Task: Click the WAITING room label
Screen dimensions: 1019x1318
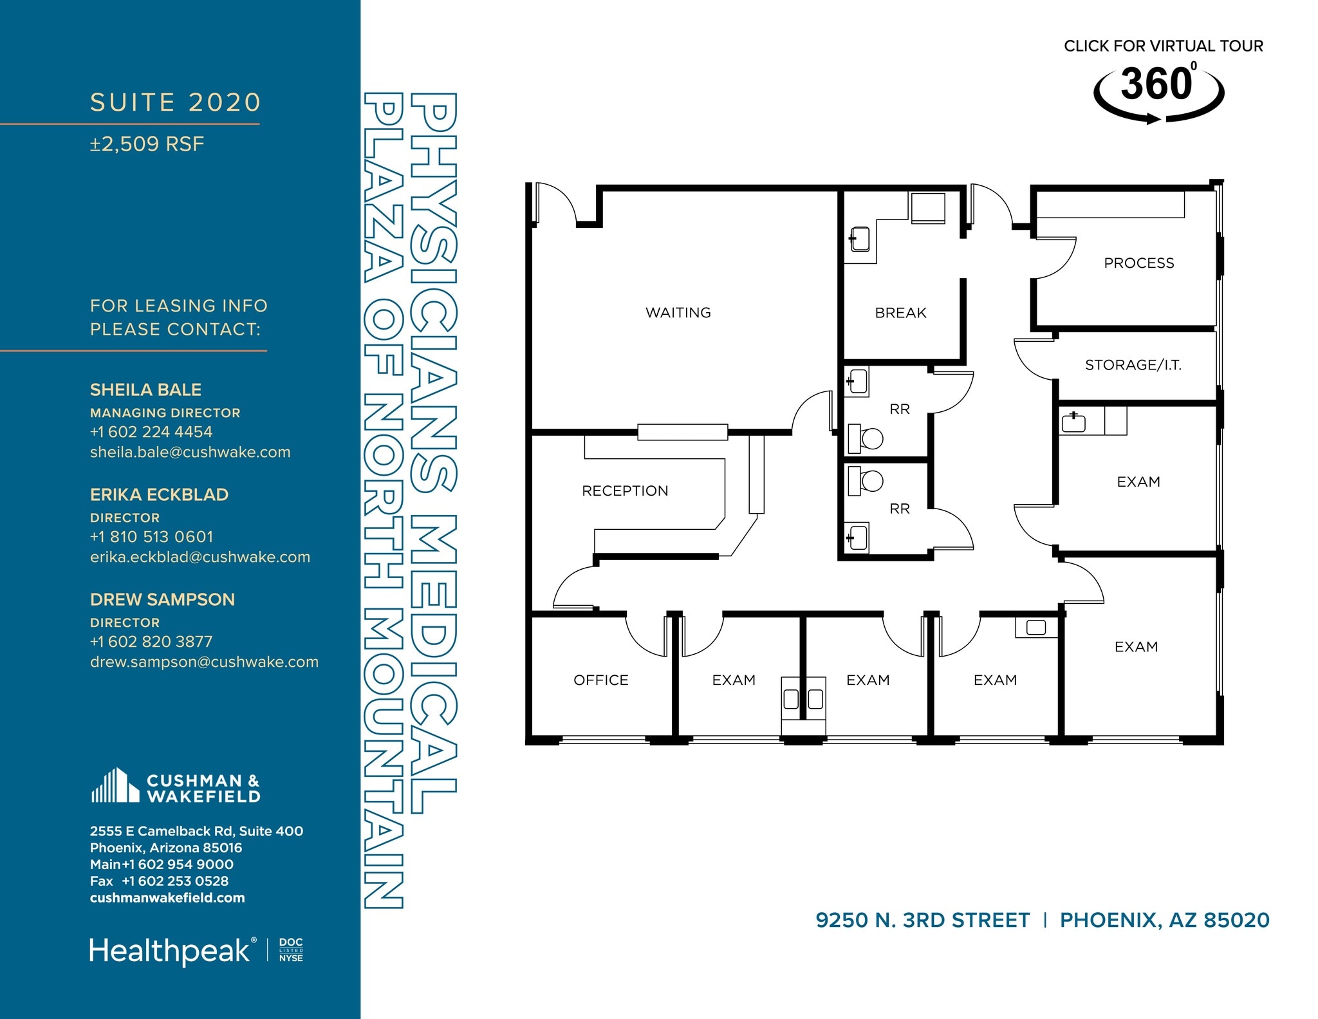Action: [678, 313]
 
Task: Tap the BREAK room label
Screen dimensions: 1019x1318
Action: [900, 313]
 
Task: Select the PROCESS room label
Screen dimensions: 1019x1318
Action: [1138, 263]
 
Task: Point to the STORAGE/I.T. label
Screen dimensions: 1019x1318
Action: [1133, 365]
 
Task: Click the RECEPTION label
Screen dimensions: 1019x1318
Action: [625, 491]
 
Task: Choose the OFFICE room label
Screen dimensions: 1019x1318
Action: [600, 680]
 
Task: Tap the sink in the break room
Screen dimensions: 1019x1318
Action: [860, 239]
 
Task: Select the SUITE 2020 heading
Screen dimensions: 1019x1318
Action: [175, 102]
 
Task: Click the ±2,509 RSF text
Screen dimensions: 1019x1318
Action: [147, 144]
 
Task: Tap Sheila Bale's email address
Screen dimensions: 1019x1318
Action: [190, 453]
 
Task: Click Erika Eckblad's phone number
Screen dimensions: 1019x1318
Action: [151, 537]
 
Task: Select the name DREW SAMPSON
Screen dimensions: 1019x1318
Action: [162, 600]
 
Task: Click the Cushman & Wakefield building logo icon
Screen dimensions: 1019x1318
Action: [115, 786]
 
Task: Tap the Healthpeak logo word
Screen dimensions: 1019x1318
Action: [169, 951]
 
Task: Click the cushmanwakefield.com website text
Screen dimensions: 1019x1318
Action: [167, 898]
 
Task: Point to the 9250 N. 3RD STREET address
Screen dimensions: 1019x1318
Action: [922, 921]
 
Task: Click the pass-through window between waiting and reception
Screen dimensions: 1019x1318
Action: [682, 432]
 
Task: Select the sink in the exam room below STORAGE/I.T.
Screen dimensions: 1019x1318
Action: [1073, 423]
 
